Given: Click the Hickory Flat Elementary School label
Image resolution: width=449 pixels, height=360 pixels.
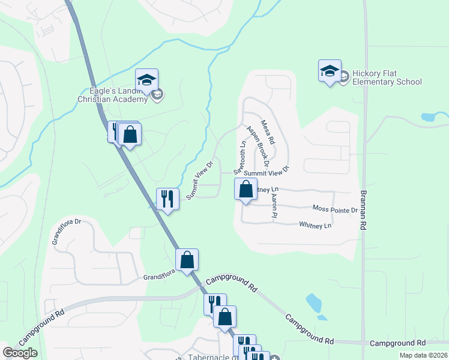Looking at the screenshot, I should pyautogui.click(x=387, y=77).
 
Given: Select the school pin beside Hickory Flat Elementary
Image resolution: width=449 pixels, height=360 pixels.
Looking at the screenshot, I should pyautogui.click(x=330, y=71).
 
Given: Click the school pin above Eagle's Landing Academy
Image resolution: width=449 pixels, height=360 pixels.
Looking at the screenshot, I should pyautogui.click(x=146, y=80).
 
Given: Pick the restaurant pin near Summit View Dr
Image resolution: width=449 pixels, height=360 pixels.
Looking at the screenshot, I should pyautogui.click(x=167, y=199).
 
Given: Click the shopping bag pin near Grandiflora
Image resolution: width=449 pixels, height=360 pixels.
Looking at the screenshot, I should pyautogui.click(x=187, y=260).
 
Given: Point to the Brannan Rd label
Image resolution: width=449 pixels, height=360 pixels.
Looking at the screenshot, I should pyautogui.click(x=363, y=209).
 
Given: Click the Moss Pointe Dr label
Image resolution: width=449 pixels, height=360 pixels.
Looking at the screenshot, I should pyautogui.click(x=335, y=209).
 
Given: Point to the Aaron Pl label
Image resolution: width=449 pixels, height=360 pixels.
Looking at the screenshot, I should pyautogui.click(x=273, y=205).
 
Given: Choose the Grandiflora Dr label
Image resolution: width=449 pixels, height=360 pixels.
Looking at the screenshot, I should pyautogui.click(x=66, y=231).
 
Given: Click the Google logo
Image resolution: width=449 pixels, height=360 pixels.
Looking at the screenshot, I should pyautogui.click(x=20, y=353).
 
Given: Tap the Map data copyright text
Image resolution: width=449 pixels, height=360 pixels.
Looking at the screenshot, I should pyautogui.click(x=423, y=355).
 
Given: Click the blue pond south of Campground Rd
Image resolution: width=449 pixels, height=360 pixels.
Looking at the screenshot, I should pyautogui.click(x=314, y=302).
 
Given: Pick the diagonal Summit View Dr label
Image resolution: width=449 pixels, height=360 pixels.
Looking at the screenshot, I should pyautogui.click(x=200, y=179).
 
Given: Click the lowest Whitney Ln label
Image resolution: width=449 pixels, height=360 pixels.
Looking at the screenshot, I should pyautogui.click(x=315, y=226).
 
